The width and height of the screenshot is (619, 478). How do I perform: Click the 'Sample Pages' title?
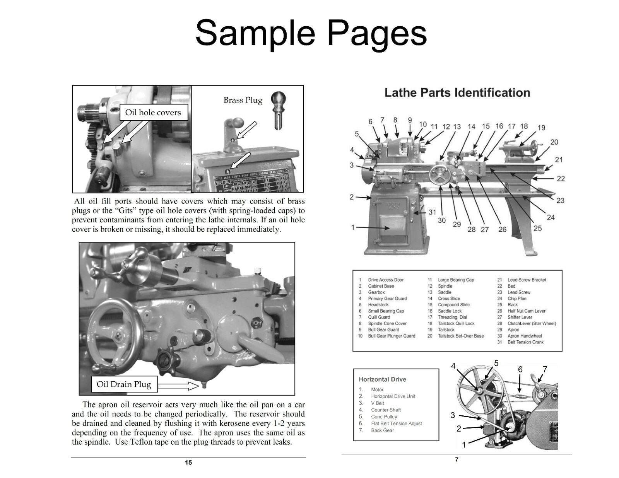click(x=311, y=32)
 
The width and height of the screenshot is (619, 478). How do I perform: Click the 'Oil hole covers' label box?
click(x=153, y=113)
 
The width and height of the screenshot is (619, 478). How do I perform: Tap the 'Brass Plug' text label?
click(x=243, y=100)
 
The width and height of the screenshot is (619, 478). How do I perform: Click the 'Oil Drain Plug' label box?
click(x=124, y=384)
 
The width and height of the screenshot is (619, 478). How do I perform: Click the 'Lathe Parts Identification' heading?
click(x=457, y=93)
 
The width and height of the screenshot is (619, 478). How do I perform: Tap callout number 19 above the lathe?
click(x=541, y=128)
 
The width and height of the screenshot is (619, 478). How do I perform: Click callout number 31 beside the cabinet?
click(x=432, y=212)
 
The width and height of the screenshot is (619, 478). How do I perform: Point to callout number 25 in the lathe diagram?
click(x=537, y=228)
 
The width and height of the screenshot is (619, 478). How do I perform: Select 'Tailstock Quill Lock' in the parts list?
click(x=456, y=323)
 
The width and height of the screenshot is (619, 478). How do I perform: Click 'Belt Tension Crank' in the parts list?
click(x=525, y=342)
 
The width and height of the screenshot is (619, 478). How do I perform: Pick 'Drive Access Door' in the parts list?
click(x=385, y=280)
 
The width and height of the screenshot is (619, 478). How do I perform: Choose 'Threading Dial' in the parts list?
click(x=452, y=317)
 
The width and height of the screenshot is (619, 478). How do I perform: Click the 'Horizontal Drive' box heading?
click(x=382, y=379)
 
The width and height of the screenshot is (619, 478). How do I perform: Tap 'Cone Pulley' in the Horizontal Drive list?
click(x=384, y=417)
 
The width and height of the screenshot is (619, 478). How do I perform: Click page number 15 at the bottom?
click(x=188, y=463)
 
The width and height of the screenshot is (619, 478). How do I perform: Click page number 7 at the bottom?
click(x=457, y=459)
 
